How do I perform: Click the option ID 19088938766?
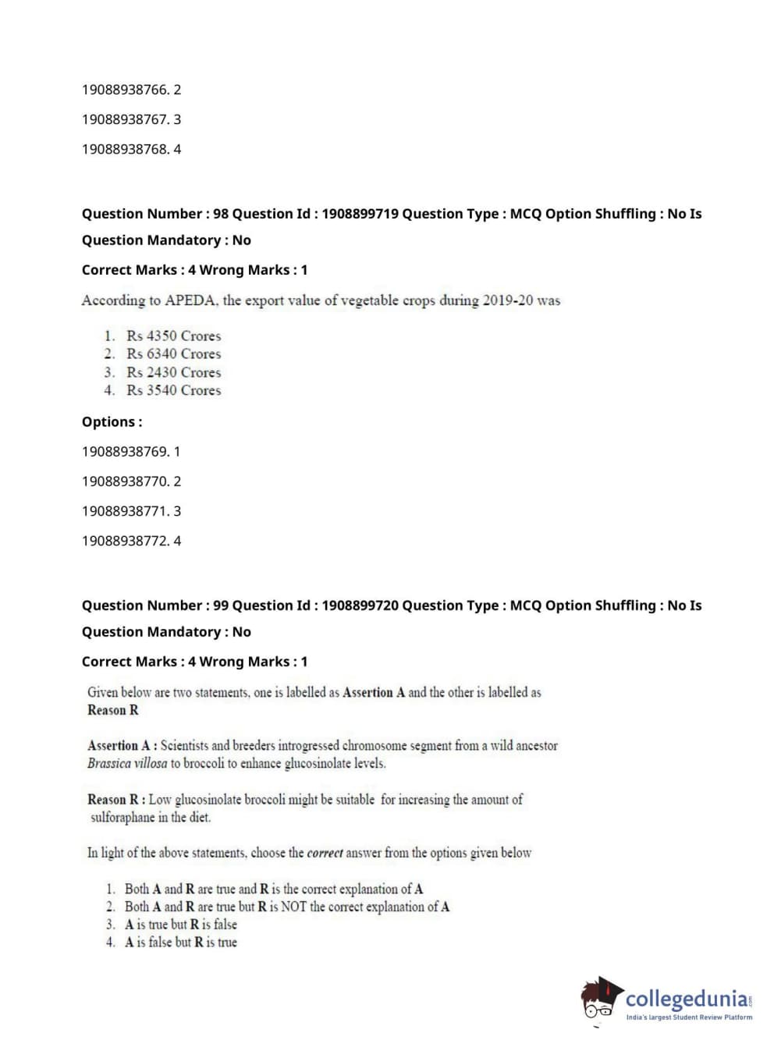coord(125,90)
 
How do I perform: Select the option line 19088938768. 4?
coord(131,149)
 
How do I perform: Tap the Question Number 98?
coord(221,214)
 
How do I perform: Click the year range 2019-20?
coord(507,300)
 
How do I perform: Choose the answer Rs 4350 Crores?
coord(173,336)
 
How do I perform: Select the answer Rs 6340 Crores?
coord(173,354)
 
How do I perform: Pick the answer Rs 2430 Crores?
coord(173,373)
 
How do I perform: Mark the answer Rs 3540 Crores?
coord(173,391)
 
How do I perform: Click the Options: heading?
coord(112,422)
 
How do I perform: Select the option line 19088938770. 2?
coord(131,481)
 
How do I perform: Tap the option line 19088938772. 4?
coord(131,541)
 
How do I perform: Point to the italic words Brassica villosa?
coord(127,764)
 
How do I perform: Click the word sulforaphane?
coord(122,818)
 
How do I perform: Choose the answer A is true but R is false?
coord(180,925)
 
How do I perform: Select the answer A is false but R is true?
coord(180,943)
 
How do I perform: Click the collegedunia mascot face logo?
coord(600,998)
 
